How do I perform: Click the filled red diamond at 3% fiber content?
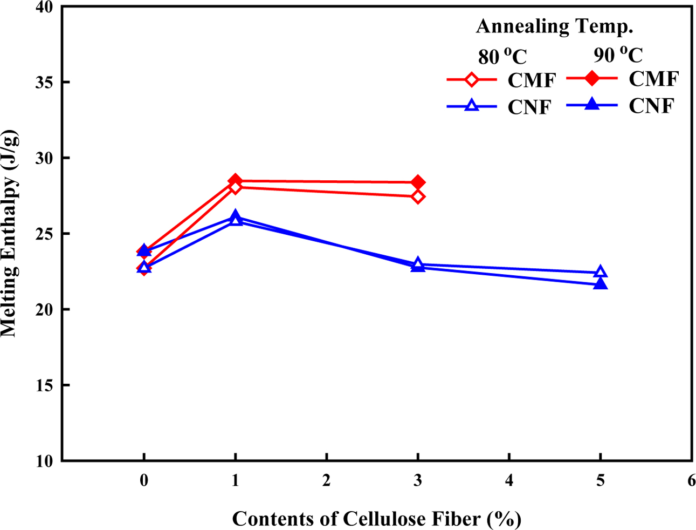click(418, 182)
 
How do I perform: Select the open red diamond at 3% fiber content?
click(418, 196)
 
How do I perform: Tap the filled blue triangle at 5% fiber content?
click(601, 284)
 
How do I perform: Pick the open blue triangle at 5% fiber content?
click(601, 272)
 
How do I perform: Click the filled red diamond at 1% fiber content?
click(235, 181)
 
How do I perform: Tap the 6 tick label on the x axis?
click(692, 480)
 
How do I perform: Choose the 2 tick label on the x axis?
click(327, 480)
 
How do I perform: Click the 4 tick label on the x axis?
click(509, 480)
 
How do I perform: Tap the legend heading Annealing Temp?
click(554, 26)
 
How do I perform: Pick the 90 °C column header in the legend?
click(618, 55)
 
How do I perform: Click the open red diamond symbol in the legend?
click(472, 80)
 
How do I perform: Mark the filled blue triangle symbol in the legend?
click(592, 104)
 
